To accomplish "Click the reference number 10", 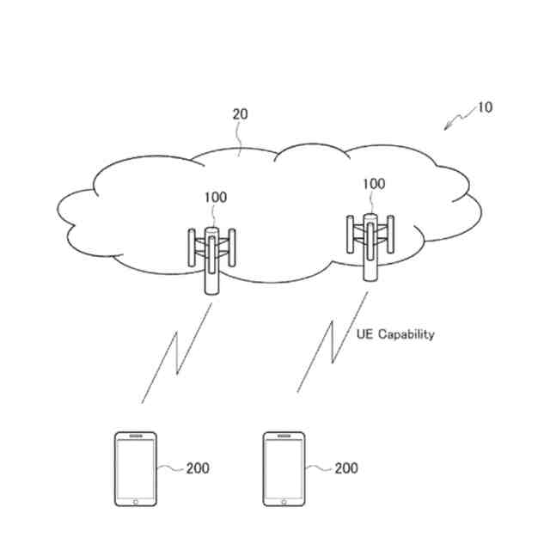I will tap(485, 108).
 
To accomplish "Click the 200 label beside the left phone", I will tap(197, 468).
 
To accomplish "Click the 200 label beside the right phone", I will tap(345, 468).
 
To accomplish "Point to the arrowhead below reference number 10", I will tap(448, 127).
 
